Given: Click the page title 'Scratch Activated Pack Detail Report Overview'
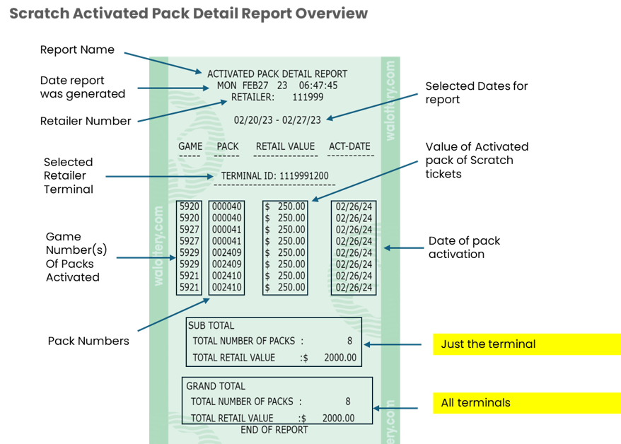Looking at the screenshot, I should click(x=189, y=14).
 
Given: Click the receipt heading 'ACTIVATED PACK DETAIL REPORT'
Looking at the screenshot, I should click(x=277, y=74).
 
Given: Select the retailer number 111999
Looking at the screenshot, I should click(x=308, y=97).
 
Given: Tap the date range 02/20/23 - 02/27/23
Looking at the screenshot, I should click(x=277, y=120).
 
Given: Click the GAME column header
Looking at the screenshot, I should click(x=190, y=147).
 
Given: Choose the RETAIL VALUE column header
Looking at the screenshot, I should click(x=285, y=147).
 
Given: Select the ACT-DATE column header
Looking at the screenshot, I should click(x=349, y=147).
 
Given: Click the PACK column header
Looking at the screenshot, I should click(x=228, y=147).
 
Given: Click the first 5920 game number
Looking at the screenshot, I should click(x=190, y=206).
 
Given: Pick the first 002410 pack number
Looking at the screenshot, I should click(x=227, y=276).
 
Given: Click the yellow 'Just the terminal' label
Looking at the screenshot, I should click(x=488, y=344).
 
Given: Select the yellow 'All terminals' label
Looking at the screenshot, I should click(x=475, y=403).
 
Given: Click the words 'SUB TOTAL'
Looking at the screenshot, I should click(x=211, y=326).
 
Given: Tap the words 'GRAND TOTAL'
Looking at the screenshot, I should click(x=216, y=386).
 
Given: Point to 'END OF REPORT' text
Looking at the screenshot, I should click(x=274, y=430).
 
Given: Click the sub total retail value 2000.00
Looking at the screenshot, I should click(x=340, y=358).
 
